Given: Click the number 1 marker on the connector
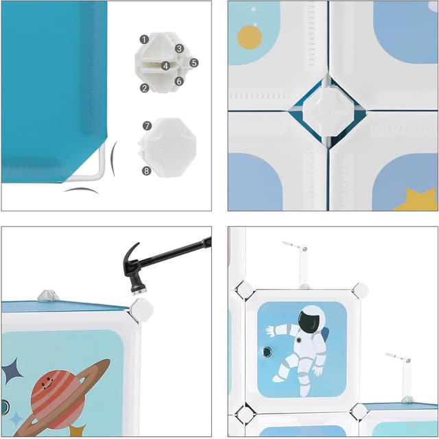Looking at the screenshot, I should click(144, 40).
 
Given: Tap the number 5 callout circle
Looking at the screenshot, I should click(194, 62).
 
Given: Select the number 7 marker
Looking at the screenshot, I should click(147, 126).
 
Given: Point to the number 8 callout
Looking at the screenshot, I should click(147, 171).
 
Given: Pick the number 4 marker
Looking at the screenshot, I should click(165, 66).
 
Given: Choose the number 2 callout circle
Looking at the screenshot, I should click(145, 88).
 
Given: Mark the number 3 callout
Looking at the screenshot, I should click(178, 48).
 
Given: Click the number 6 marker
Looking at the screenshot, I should click(178, 81).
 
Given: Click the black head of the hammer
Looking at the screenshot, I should click(132, 263).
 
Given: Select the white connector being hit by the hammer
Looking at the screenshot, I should click(142, 309).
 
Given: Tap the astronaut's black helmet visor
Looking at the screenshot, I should click(310, 320).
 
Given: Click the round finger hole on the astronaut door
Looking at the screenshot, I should click(267, 352).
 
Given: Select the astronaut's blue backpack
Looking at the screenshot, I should click(325, 335).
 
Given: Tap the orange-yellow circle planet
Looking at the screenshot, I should click(249, 37).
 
